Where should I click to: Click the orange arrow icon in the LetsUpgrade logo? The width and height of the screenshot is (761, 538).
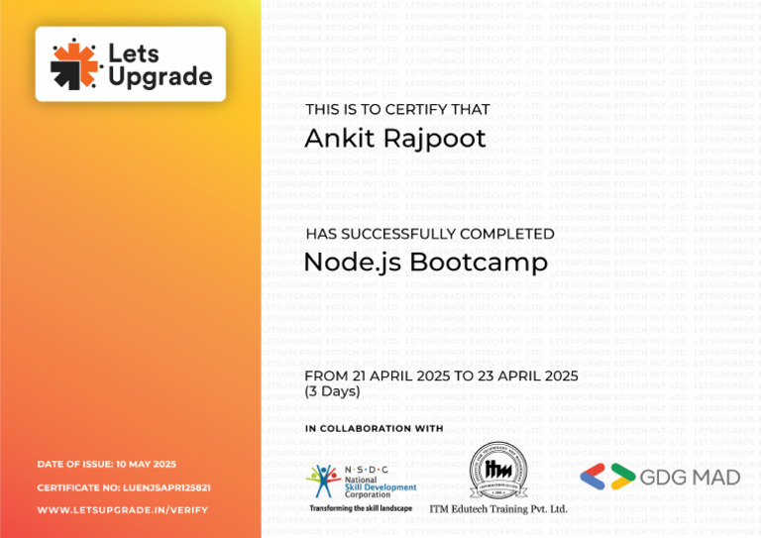(x=74, y=63)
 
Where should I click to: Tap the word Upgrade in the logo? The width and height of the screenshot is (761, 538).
(x=160, y=77)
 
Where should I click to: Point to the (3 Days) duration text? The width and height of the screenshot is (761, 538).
(x=333, y=392)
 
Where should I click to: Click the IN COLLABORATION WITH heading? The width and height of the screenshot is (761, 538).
(x=375, y=429)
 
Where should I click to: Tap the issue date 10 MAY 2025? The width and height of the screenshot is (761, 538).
(x=146, y=464)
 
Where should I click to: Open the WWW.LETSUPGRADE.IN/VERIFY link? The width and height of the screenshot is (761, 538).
(x=123, y=510)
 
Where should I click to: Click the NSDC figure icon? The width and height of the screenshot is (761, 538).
(x=323, y=480)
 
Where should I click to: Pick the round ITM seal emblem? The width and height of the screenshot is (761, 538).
(x=497, y=471)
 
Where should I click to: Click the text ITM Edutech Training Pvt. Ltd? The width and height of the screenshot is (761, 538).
(x=498, y=509)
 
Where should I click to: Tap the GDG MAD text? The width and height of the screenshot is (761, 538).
(x=691, y=478)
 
